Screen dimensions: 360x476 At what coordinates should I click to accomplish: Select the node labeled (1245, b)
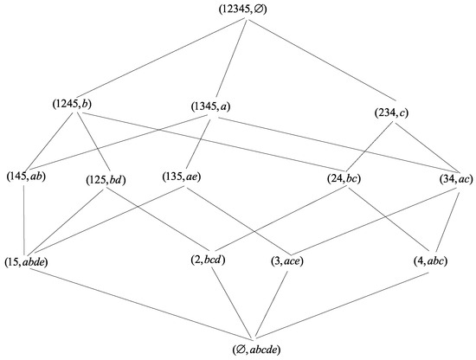tap(72, 105)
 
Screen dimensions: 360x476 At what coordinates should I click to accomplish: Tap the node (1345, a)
tap(210, 106)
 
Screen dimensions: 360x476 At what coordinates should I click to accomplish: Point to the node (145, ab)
tap(28, 177)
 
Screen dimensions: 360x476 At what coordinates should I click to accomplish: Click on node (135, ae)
tap(183, 177)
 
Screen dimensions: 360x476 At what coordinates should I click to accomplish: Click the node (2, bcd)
tap(208, 260)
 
